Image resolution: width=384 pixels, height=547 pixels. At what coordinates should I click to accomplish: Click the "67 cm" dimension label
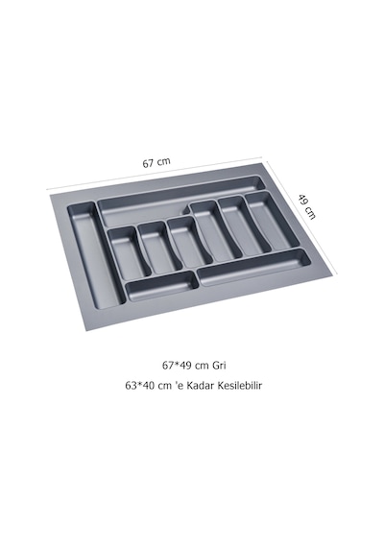(x=156, y=162)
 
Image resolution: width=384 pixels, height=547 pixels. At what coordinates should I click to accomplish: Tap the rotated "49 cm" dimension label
(x=307, y=207)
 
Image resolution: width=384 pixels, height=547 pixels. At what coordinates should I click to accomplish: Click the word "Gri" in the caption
(x=219, y=366)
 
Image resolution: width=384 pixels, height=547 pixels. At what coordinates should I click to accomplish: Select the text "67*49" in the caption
(x=177, y=366)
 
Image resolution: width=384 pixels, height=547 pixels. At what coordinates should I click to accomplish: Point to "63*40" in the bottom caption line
(x=140, y=386)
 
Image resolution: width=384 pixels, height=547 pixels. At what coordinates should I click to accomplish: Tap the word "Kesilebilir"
(x=239, y=386)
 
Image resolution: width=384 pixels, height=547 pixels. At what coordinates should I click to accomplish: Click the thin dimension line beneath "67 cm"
(x=155, y=173)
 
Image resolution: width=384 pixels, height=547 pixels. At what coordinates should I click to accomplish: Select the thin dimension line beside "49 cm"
(x=301, y=219)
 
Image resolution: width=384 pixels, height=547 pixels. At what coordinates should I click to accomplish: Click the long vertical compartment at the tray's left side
(x=95, y=254)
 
